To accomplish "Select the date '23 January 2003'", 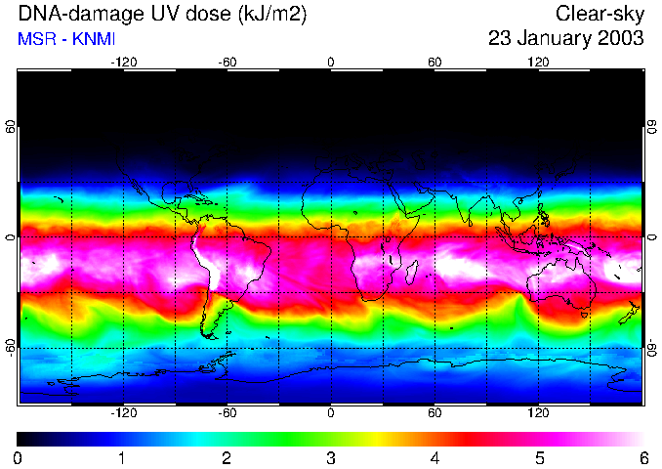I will click(566, 39).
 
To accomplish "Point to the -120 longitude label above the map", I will click(123, 62).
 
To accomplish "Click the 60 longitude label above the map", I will click(434, 62).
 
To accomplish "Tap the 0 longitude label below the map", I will click(331, 413).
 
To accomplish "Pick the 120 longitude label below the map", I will click(539, 413).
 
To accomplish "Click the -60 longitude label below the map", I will click(227, 413).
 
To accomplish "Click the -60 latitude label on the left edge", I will click(11, 346).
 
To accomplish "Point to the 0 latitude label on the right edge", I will click(651, 237).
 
